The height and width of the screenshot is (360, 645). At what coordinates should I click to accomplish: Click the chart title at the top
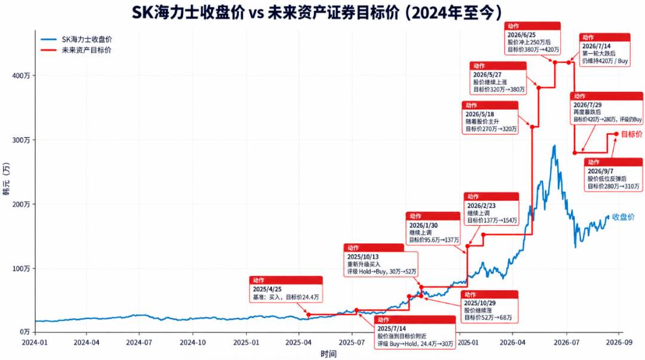point(317,13)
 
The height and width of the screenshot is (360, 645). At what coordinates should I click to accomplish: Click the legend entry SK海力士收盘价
point(87,39)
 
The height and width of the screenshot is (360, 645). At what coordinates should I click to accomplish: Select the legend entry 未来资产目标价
point(87,50)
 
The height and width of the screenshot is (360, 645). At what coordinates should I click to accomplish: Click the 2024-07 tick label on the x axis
point(139,342)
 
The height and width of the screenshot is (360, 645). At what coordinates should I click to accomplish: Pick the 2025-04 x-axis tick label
point(299,342)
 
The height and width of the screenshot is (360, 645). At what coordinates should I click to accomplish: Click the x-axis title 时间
point(328,354)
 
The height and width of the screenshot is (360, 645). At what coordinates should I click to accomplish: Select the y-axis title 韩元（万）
point(6,179)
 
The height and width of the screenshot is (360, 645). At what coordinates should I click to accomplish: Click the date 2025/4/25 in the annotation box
point(267,290)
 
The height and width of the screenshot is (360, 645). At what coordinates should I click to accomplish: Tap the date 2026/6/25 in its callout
point(521,35)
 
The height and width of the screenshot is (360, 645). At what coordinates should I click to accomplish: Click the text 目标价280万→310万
point(613,186)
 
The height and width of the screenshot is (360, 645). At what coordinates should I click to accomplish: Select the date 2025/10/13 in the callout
point(363,257)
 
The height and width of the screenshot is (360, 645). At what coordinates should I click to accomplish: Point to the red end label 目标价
point(631,134)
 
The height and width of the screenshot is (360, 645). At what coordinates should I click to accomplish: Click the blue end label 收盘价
point(623,217)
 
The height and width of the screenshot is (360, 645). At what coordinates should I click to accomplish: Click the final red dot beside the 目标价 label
point(616,134)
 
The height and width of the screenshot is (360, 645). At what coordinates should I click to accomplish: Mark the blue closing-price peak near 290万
point(554,146)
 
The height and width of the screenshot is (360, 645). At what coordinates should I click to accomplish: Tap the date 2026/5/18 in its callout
point(480,114)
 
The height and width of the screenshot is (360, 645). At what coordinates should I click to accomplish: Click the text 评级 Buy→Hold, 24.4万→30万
point(416,343)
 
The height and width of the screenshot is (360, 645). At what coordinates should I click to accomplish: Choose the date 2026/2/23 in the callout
point(481,205)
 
